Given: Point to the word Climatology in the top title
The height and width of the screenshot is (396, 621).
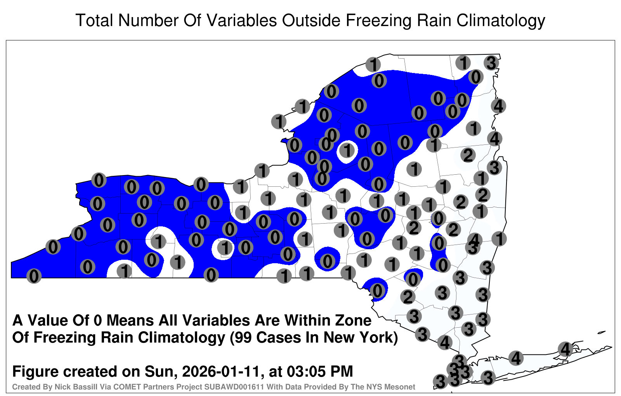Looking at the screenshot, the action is (501, 21).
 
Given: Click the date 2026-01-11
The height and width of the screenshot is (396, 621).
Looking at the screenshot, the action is (221, 371).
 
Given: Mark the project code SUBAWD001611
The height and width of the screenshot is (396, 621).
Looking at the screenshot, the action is (234, 387).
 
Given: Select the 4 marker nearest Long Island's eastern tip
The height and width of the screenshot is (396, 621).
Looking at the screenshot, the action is (565, 349).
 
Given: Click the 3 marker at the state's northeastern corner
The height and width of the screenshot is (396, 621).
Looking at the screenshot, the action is (491, 63).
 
